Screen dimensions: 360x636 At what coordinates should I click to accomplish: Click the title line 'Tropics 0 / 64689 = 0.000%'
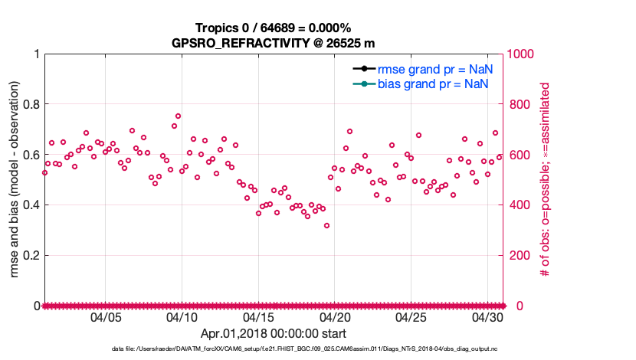click(x=273, y=28)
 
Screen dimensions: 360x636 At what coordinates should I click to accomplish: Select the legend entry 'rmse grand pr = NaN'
click(x=434, y=68)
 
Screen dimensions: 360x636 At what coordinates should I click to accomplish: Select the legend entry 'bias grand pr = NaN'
click(x=434, y=83)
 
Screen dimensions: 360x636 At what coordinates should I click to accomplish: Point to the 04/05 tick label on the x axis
click(x=106, y=317)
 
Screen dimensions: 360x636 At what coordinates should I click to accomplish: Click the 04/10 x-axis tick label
click(x=182, y=317)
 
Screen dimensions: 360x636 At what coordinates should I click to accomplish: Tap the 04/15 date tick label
click(x=258, y=317)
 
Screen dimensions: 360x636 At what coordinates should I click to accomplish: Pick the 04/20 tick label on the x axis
click(x=335, y=317)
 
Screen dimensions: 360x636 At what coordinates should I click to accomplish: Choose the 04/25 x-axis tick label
click(x=411, y=317)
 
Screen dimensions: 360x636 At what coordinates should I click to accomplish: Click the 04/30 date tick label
click(x=487, y=317)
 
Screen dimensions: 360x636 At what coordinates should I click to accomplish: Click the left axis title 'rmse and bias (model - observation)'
click(x=13, y=179)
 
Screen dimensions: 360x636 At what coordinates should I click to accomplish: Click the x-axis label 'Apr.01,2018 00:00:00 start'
click(x=273, y=333)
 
